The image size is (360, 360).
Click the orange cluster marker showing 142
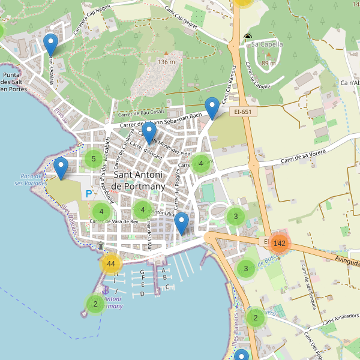[x=279, y=243]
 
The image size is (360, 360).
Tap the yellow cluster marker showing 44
[x=110, y=263]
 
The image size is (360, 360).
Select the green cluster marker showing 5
[x=93, y=159]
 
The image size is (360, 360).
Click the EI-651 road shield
[x=242, y=111]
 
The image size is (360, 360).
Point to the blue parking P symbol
[x=89, y=194]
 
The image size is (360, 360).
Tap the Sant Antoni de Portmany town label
[x=139, y=181]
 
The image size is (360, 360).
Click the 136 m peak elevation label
[x=166, y=62]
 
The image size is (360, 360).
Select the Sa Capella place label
[x=266, y=44]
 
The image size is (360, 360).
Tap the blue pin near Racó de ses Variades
[x=61, y=169]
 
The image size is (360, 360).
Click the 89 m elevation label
[x=268, y=63]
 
